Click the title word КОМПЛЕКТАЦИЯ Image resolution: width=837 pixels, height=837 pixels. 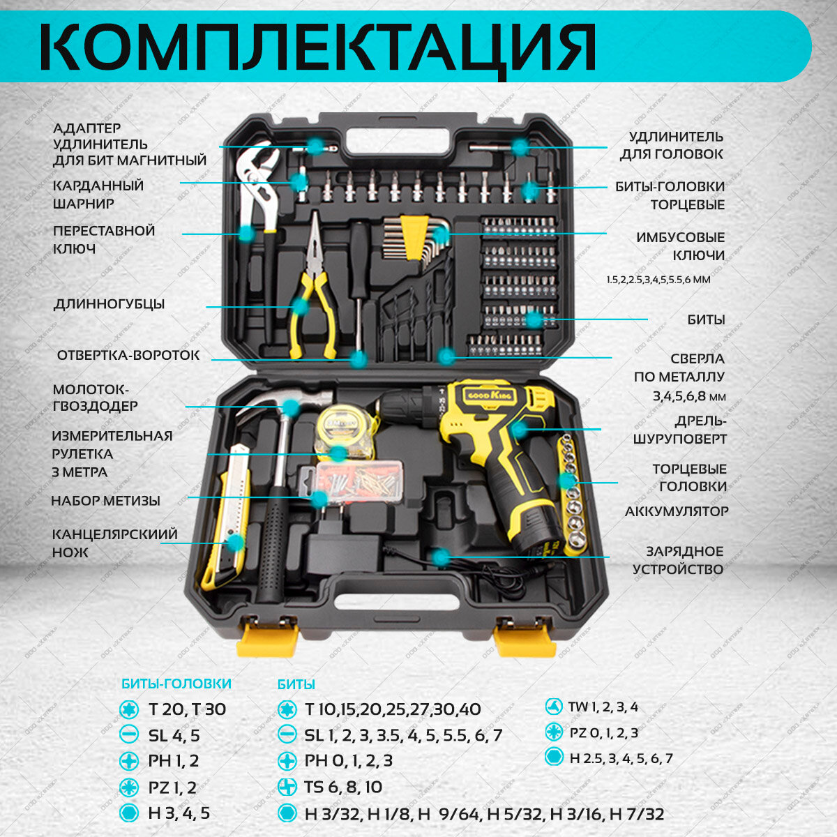click(x=317, y=47)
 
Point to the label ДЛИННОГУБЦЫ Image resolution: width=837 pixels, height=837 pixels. click(x=110, y=304)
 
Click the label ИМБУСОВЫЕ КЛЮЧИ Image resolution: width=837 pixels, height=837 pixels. click(x=680, y=246)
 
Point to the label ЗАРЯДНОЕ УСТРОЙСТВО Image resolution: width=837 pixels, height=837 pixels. click(x=678, y=560)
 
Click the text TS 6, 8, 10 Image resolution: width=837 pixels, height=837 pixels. click(x=343, y=787)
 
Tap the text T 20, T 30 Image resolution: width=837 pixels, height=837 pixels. click(x=187, y=709)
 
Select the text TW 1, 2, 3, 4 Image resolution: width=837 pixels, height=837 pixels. click(x=603, y=707)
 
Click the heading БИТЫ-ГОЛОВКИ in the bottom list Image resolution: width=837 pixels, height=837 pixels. click(x=176, y=684)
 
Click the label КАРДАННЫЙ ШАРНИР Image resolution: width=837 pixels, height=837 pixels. click(x=98, y=195)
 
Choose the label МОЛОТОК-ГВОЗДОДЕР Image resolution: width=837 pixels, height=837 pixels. click(x=96, y=397)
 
